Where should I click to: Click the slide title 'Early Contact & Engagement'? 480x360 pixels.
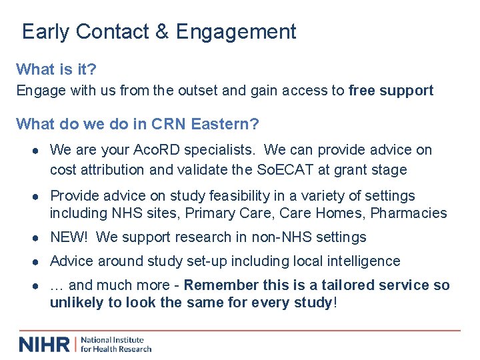[159, 31]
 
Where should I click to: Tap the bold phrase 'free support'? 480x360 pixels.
[391, 90]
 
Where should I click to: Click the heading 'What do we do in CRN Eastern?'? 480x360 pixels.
[137, 124]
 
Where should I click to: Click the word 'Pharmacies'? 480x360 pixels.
[409, 213]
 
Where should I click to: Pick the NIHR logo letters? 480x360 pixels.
[45, 344]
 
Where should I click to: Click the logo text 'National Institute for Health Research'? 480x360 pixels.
[116, 344]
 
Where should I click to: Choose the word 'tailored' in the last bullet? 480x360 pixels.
[348, 285]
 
